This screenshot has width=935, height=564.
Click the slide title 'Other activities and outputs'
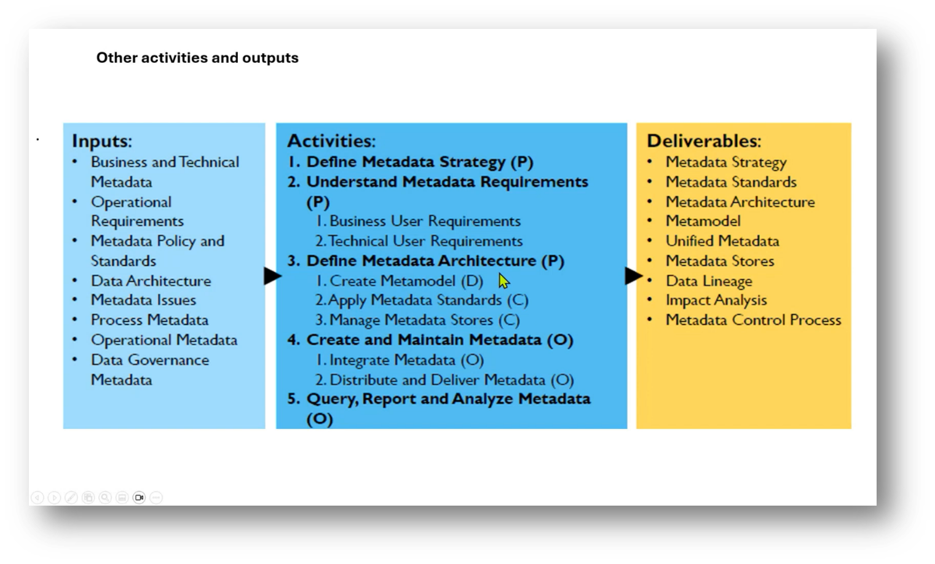(x=197, y=58)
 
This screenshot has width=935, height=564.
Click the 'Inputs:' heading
(x=102, y=141)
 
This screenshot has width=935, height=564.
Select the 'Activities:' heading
(x=331, y=141)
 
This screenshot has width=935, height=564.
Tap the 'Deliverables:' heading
(x=704, y=141)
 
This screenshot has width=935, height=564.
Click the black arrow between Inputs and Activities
(x=272, y=276)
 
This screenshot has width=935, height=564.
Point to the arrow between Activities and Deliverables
(x=633, y=276)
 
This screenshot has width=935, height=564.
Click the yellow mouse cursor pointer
(x=503, y=281)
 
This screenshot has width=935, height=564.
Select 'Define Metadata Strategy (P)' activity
(x=419, y=162)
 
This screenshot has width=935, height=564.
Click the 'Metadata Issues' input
(x=143, y=300)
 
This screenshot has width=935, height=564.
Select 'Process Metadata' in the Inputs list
(x=149, y=320)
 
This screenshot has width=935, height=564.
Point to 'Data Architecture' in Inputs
(x=151, y=281)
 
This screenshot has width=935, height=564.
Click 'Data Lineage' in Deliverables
(x=709, y=281)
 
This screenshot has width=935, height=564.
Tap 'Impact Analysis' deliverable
(x=716, y=300)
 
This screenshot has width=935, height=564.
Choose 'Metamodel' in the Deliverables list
(x=703, y=221)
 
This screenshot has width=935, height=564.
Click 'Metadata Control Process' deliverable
(x=753, y=320)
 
